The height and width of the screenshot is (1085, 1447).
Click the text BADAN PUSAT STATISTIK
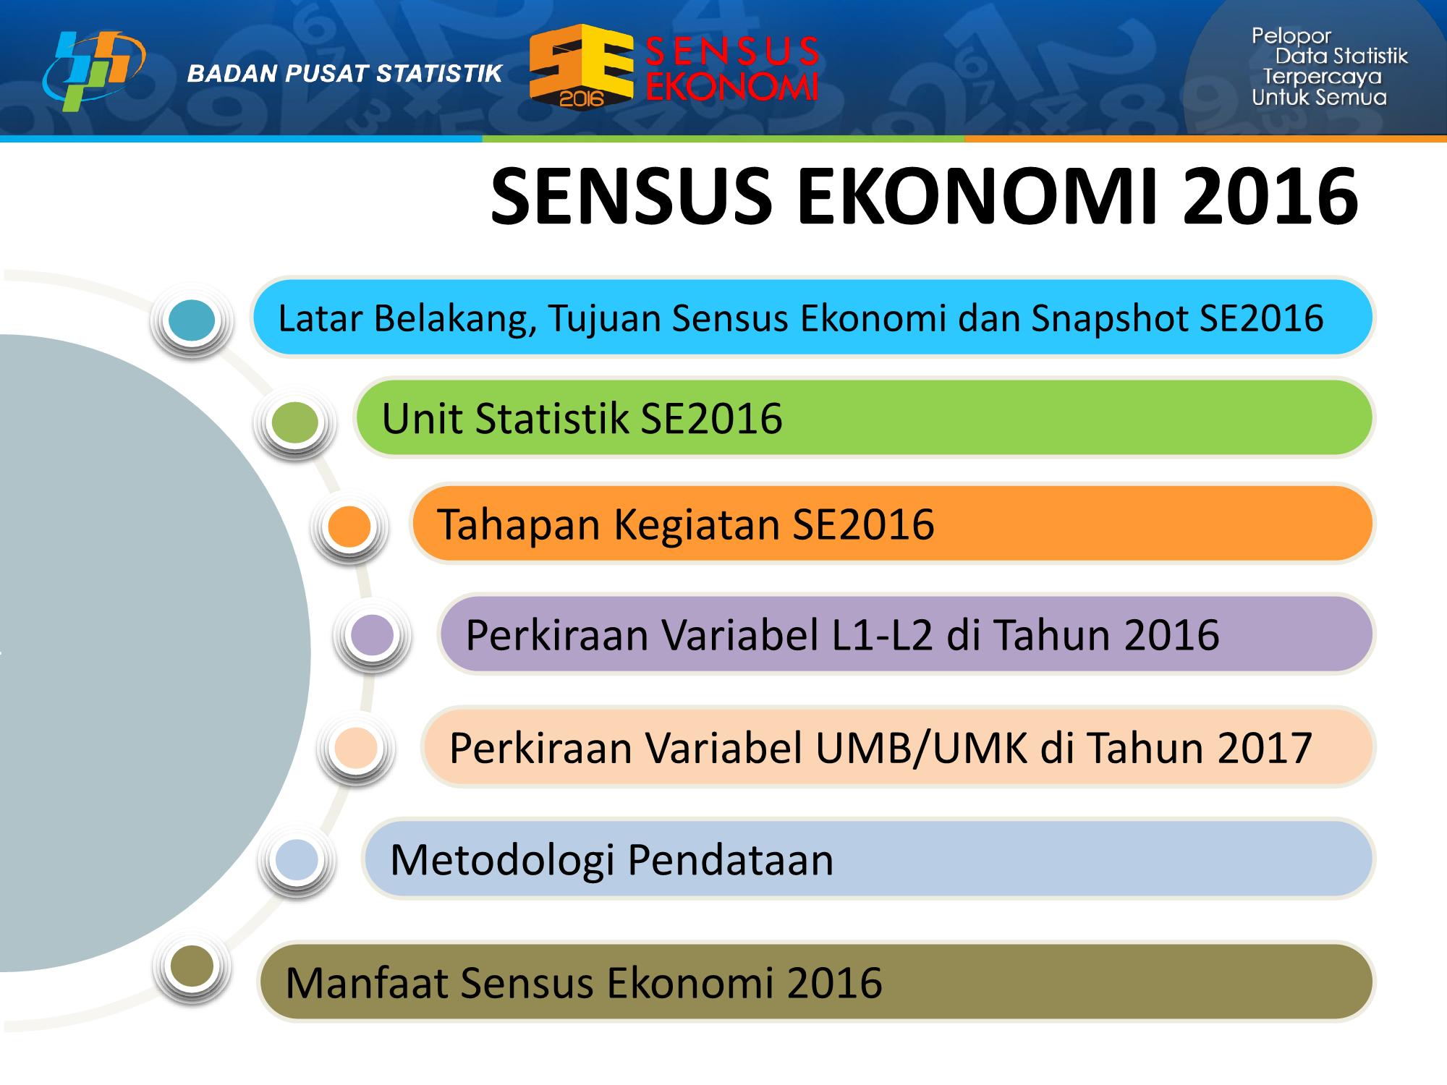(344, 73)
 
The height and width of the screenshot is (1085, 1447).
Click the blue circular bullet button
(192, 320)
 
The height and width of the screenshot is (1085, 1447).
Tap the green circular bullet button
(296, 422)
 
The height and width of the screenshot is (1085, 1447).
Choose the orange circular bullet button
(349, 527)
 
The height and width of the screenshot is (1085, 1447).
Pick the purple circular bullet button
(372, 635)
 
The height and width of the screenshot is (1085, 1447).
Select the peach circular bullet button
(356, 748)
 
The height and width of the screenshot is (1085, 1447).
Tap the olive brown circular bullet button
(192, 966)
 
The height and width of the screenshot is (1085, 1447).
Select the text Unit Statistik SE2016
(582, 419)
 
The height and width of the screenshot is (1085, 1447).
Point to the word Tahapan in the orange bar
(519, 524)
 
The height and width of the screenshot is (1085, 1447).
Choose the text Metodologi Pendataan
(611, 860)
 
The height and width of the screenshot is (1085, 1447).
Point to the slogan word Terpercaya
(1322, 77)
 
